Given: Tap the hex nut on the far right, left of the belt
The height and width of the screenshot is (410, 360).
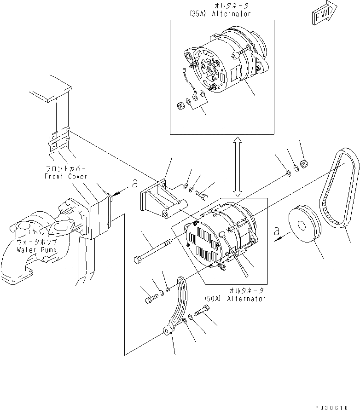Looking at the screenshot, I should coord(304,163).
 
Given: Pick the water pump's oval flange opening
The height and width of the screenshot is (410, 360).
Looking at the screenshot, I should coord(61,228).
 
